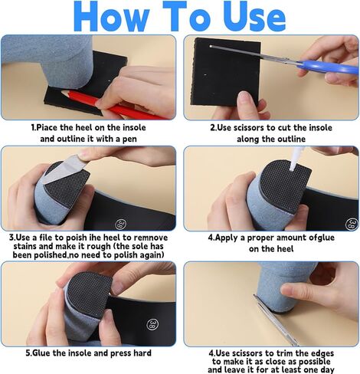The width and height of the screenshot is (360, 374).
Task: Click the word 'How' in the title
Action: pyautogui.click(x=111, y=17)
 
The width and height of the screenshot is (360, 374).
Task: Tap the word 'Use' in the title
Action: pyautogui.click(x=255, y=17)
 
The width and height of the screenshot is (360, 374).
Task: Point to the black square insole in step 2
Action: pyautogui.click(x=227, y=72)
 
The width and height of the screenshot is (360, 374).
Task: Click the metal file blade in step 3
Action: pyautogui.click(x=65, y=169)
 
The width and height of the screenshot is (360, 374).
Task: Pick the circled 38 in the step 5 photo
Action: pyautogui.click(x=152, y=324)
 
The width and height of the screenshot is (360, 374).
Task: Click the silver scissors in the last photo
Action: pyautogui.click(x=276, y=320)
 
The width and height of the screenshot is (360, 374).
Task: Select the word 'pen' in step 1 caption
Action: pyautogui.click(x=129, y=139)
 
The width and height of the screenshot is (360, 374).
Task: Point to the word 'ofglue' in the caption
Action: pyautogui.click(x=322, y=238)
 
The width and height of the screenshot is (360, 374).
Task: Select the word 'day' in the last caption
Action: pyautogui.click(x=326, y=369)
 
